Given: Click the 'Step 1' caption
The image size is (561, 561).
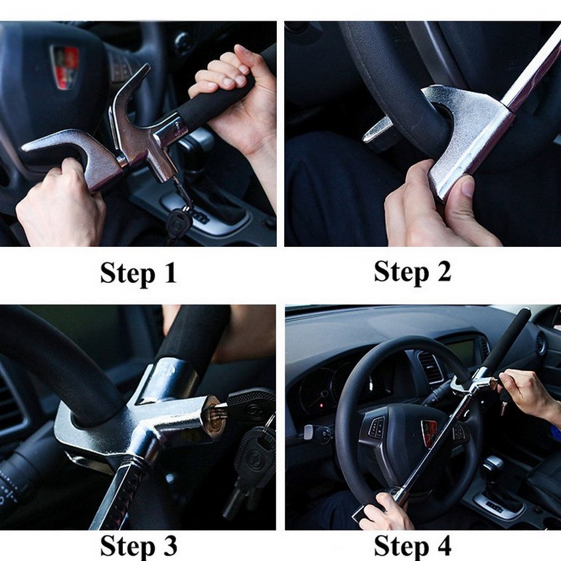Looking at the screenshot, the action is [139, 274].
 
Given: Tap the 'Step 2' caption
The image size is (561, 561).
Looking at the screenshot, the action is [412, 272].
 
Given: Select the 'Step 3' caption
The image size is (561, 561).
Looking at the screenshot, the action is [139, 546].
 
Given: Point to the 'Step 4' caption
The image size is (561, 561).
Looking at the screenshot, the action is [412, 546].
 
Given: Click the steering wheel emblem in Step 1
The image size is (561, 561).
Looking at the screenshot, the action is [65, 67].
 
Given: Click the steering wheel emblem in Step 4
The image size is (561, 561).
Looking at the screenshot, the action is [429, 433].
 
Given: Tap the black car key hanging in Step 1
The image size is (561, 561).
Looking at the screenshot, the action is [178, 222].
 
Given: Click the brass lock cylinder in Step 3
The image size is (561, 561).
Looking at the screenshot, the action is [214, 415].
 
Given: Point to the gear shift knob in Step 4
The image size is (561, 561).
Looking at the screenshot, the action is [493, 465].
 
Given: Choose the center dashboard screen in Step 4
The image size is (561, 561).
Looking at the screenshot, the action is [461, 351].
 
